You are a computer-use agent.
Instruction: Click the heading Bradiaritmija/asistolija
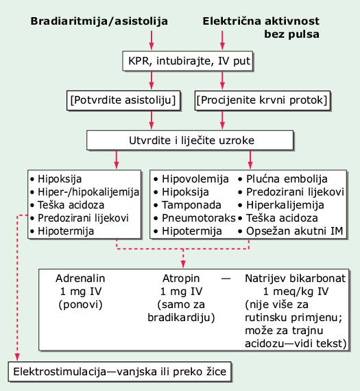(99, 21)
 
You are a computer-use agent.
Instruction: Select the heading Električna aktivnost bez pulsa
(261, 27)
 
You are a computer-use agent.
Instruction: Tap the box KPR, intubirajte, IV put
(188, 61)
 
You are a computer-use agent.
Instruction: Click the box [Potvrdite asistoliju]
(123, 100)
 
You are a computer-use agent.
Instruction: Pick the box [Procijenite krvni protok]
(262, 100)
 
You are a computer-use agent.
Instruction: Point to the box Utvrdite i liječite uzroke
(190, 140)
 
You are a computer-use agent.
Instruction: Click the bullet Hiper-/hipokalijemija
(84, 192)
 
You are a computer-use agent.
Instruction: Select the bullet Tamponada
(187, 205)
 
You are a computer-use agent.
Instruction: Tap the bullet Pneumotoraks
(195, 218)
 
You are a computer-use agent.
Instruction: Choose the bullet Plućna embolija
(283, 179)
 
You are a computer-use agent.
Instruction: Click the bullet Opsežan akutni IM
(291, 231)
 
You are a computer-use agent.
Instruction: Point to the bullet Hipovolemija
(191, 179)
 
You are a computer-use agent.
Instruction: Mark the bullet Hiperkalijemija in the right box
(281, 205)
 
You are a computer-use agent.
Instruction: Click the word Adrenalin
(80, 279)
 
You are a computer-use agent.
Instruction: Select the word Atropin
(181, 279)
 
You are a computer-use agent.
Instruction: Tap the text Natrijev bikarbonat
(295, 279)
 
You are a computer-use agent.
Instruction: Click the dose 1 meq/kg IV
(296, 292)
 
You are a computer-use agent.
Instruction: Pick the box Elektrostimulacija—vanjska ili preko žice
(120, 372)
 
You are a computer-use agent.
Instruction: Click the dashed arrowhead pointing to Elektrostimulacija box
(17, 357)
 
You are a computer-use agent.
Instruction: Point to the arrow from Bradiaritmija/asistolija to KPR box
(152, 40)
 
